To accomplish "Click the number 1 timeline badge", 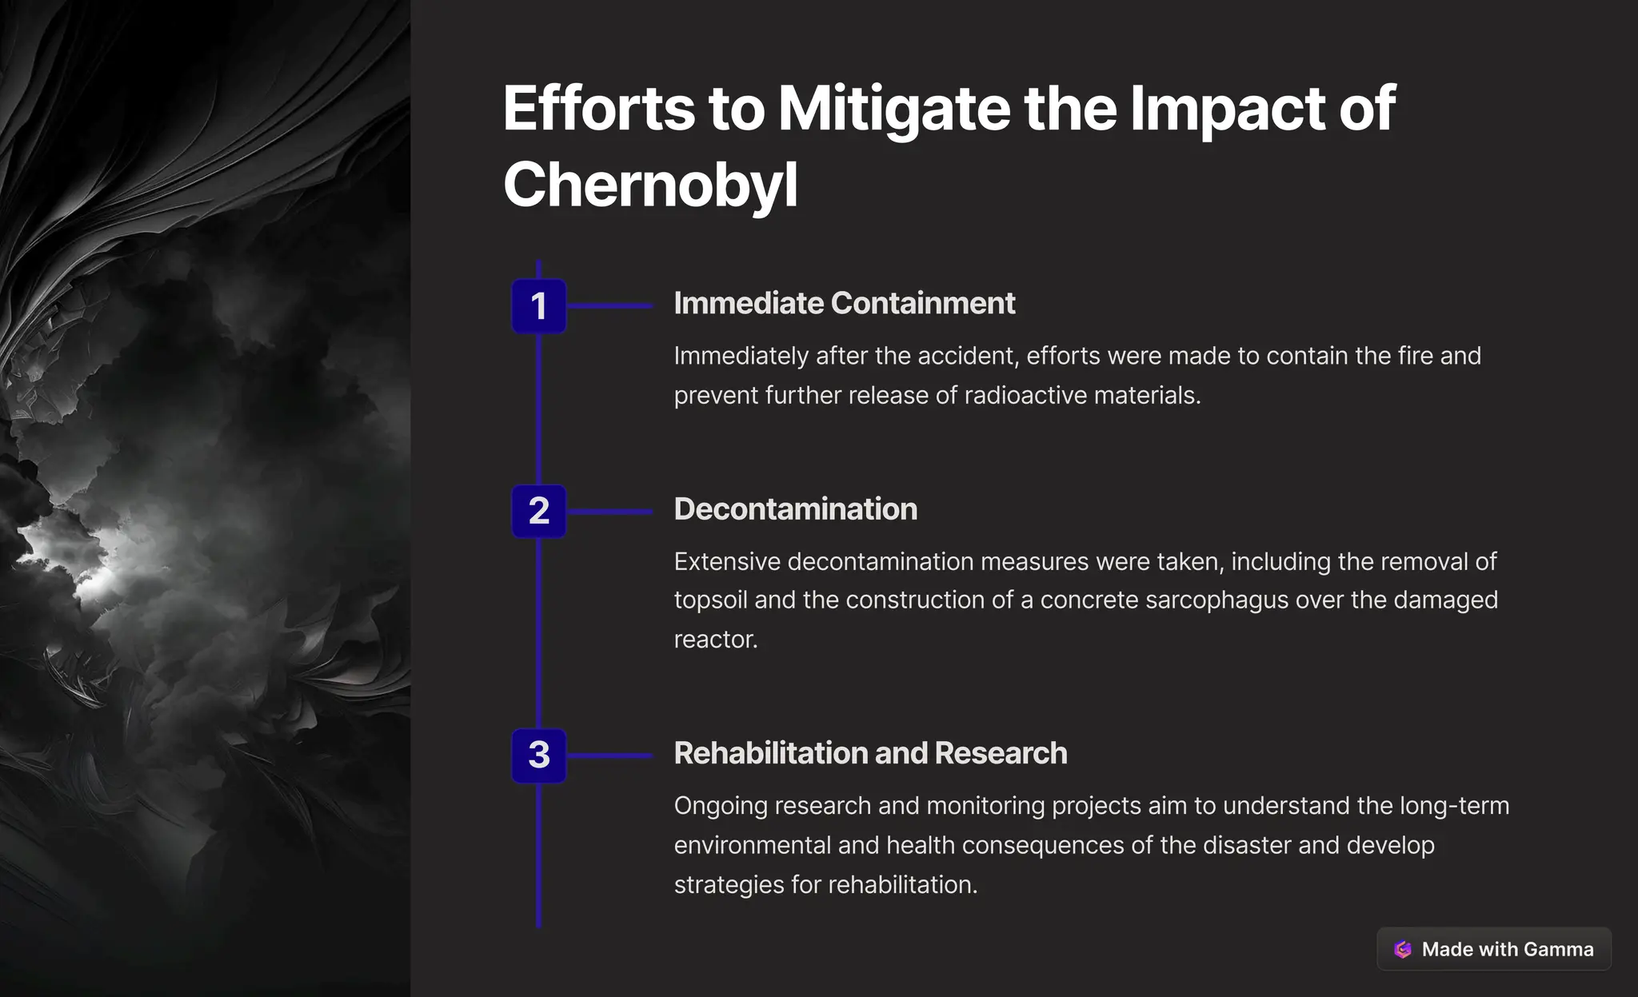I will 538,305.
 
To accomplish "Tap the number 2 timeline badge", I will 538,511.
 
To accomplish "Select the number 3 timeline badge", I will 538,755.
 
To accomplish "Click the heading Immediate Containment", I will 844,304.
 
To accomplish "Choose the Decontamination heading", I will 795,509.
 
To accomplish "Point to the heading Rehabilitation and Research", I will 870,753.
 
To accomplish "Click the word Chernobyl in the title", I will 650,185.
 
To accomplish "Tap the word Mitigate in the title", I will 894,109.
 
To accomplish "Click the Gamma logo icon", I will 1403,949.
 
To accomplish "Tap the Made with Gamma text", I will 1507,949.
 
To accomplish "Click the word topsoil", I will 710,600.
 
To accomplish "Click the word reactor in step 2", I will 715,639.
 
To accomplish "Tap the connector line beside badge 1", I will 610,305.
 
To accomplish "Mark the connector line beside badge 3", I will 610,755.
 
